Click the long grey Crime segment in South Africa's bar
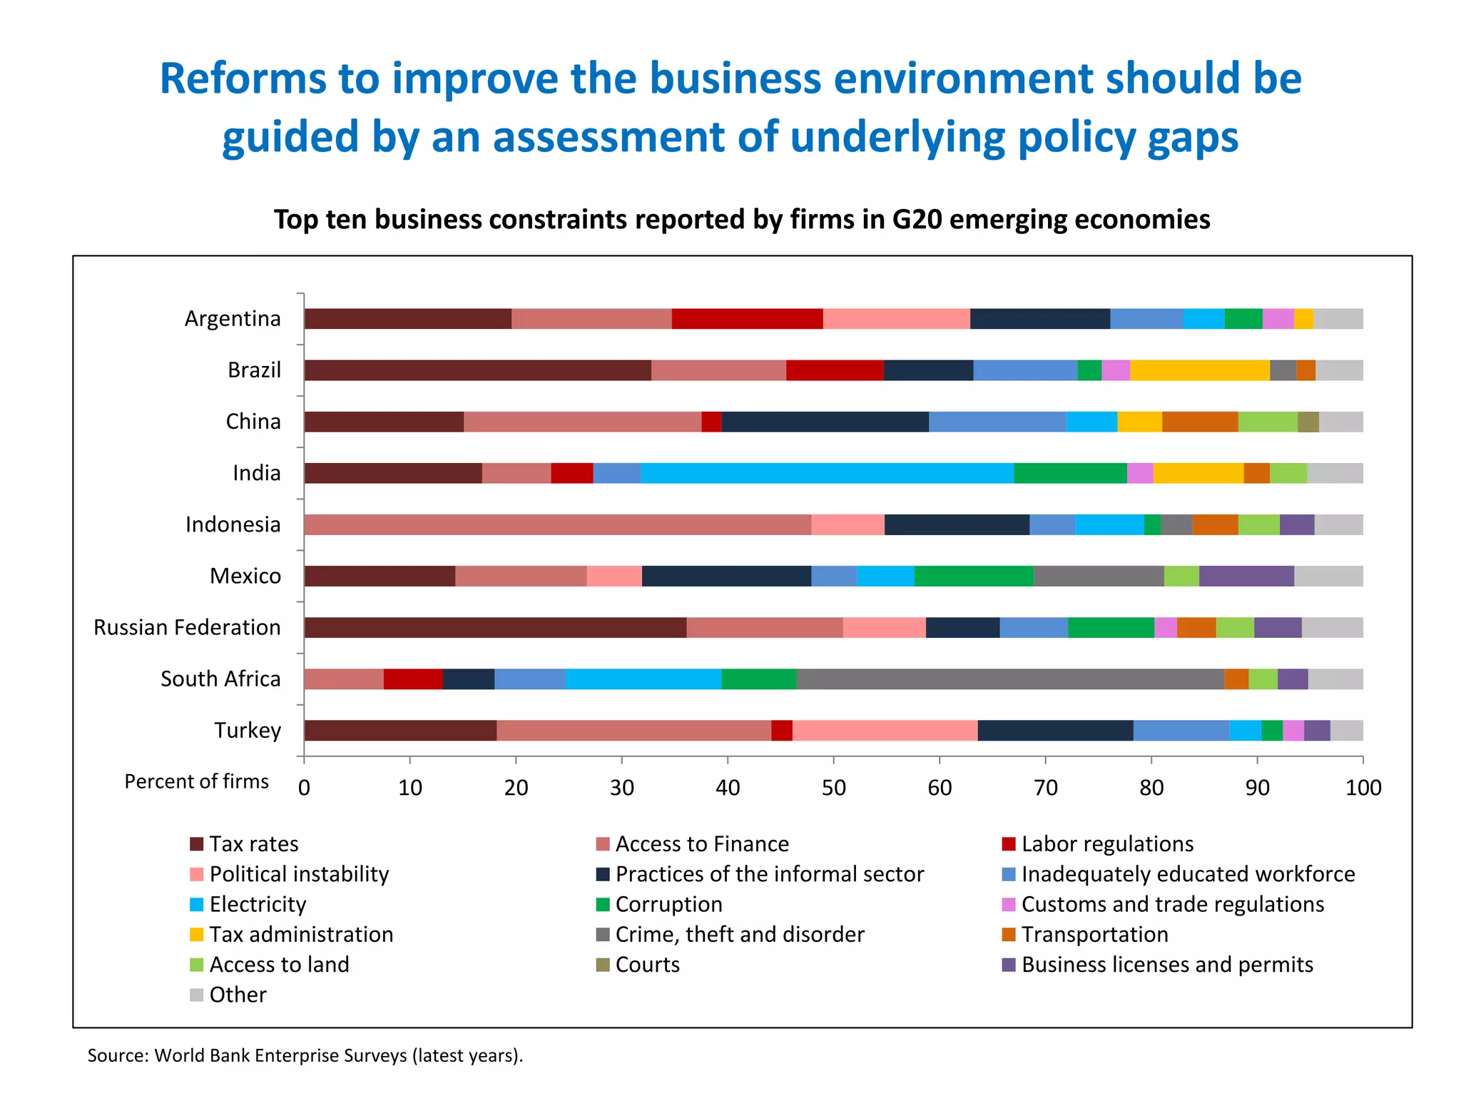1009,679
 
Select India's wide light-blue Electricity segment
827,473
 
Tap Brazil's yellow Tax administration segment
1199,370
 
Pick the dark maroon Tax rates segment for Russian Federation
495,628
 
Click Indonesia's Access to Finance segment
557,524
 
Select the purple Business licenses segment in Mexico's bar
1246,576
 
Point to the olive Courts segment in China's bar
1308,422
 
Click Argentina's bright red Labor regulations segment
747,319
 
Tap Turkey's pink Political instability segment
885,731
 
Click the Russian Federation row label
187,628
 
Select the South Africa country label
220,679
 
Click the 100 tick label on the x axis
1363,788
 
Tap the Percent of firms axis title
197,782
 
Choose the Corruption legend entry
668,905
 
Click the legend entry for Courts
647,965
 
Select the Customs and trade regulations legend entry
1172,905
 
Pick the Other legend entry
238,995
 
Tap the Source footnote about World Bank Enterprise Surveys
305,1055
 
